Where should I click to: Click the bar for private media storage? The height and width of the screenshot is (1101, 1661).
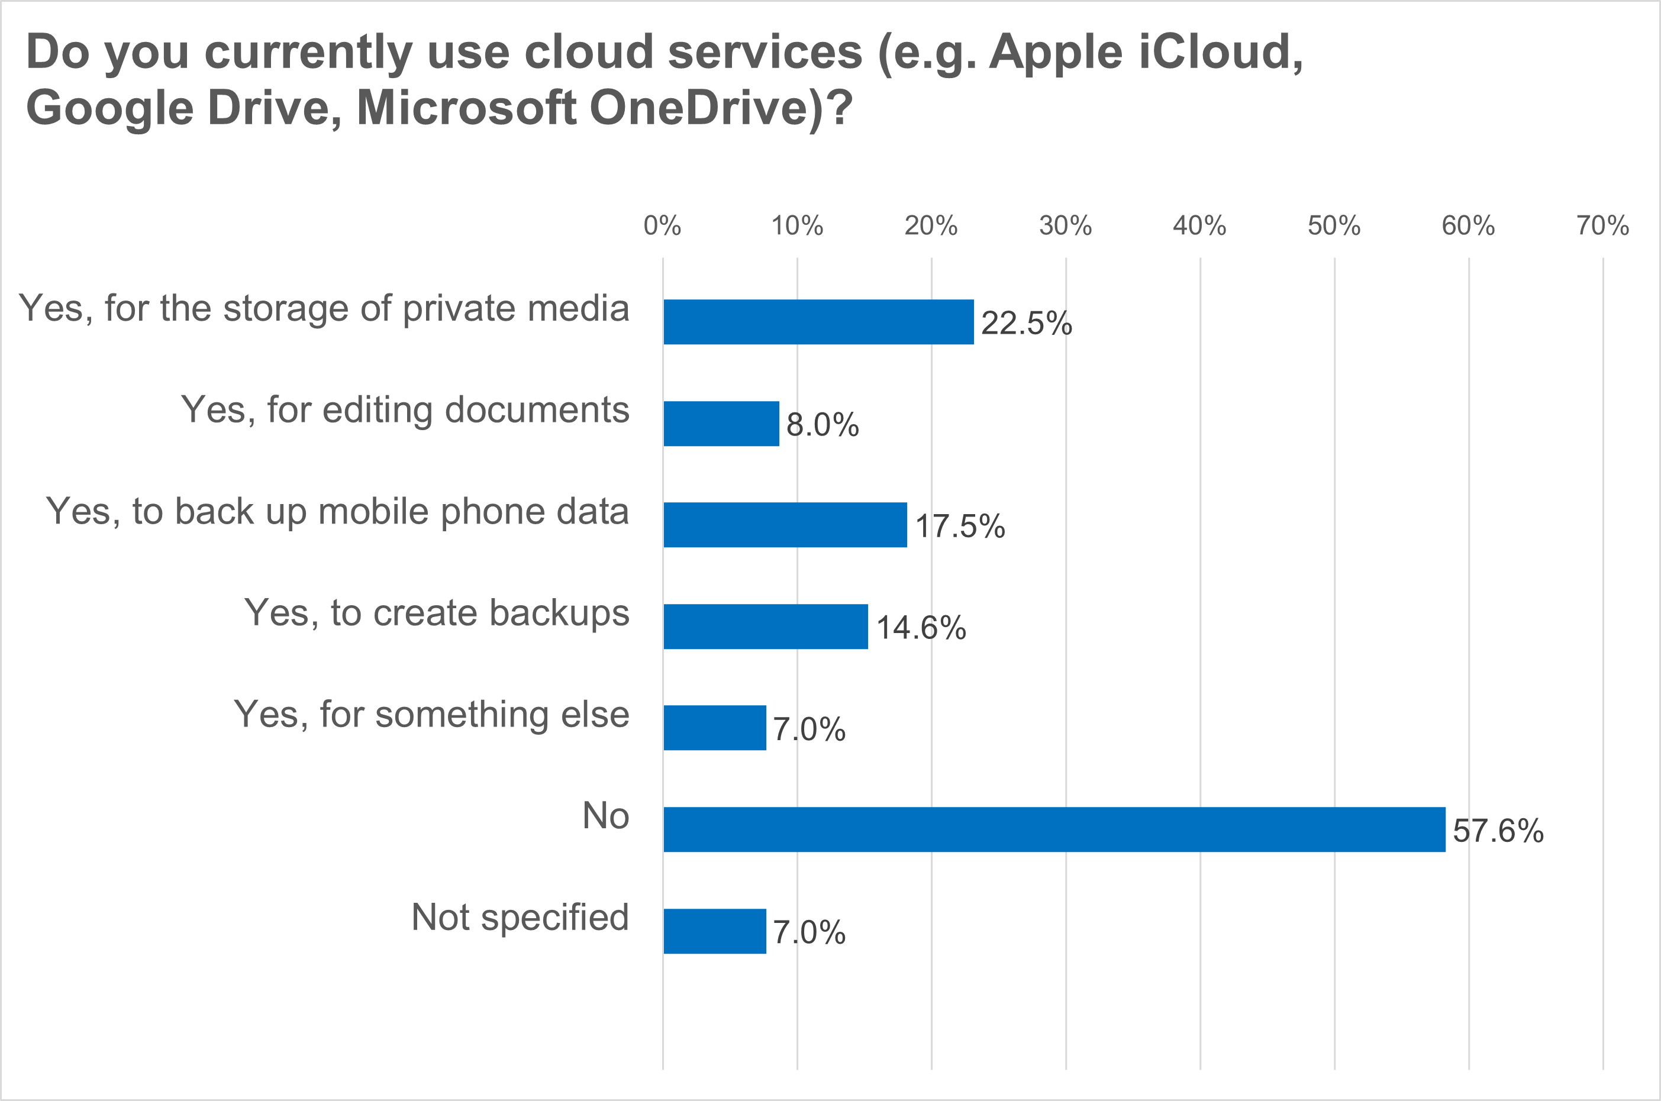click(818, 322)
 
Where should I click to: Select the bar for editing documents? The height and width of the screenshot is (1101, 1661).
click(721, 424)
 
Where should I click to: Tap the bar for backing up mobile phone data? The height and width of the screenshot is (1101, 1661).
click(785, 525)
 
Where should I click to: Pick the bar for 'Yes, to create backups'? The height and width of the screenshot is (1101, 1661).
click(766, 627)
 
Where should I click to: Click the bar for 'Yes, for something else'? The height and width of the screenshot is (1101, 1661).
click(714, 728)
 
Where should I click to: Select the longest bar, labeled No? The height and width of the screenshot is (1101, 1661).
click(1053, 829)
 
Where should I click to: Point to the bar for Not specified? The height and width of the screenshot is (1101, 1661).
click(714, 931)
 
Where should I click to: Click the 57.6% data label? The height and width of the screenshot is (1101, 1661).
click(1497, 831)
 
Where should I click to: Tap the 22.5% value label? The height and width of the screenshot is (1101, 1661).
click(1026, 323)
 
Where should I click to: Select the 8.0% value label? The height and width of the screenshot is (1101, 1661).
click(823, 425)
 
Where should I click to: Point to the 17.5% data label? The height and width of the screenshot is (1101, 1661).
click(959, 526)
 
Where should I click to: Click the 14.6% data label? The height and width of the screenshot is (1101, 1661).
click(921, 628)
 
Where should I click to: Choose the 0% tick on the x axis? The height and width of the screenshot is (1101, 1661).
click(662, 226)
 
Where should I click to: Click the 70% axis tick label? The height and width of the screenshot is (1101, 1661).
click(1602, 226)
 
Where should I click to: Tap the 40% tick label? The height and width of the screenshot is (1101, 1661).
click(1199, 226)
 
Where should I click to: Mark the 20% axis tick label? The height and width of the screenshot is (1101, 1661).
click(931, 226)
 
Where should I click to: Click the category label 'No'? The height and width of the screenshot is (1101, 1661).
click(605, 816)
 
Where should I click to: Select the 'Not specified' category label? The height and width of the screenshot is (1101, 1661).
click(520, 918)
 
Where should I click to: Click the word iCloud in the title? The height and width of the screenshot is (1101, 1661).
click(1220, 52)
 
